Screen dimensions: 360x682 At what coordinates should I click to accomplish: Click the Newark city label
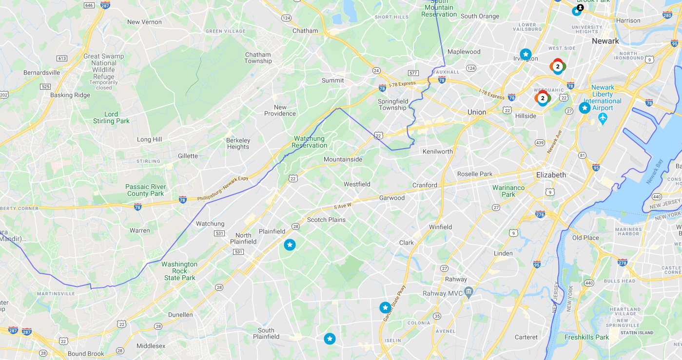coord(605,41)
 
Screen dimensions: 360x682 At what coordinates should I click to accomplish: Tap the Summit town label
coord(332,80)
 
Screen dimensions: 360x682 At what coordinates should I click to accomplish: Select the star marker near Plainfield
coord(290,245)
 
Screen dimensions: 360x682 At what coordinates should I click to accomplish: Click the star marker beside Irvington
coord(525,54)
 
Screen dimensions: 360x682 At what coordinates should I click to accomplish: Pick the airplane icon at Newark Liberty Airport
coord(603,118)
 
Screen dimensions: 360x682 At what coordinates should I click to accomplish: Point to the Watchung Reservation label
coord(309,142)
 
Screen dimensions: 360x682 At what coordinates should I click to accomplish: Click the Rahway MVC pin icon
coord(468,292)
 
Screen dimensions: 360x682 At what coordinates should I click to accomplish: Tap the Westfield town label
coord(357,184)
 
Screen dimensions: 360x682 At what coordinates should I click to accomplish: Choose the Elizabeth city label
coord(551,175)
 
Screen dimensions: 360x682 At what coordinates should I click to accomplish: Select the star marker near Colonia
coord(385,307)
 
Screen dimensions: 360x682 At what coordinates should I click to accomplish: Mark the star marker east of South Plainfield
coord(330,339)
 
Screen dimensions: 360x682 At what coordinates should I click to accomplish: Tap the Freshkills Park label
coord(586,337)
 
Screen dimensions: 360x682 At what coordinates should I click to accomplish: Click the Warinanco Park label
coord(508,191)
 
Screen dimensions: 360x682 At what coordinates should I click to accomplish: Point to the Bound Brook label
coord(86,354)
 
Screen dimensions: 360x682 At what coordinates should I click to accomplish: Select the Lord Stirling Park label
coord(111,117)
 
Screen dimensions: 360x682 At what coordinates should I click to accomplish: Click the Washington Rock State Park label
coord(179,271)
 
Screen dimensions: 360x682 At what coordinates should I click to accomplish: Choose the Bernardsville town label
coord(42,73)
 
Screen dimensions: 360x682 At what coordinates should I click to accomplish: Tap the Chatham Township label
coord(258,58)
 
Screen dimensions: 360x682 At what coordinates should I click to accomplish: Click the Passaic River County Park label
coord(145,190)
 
